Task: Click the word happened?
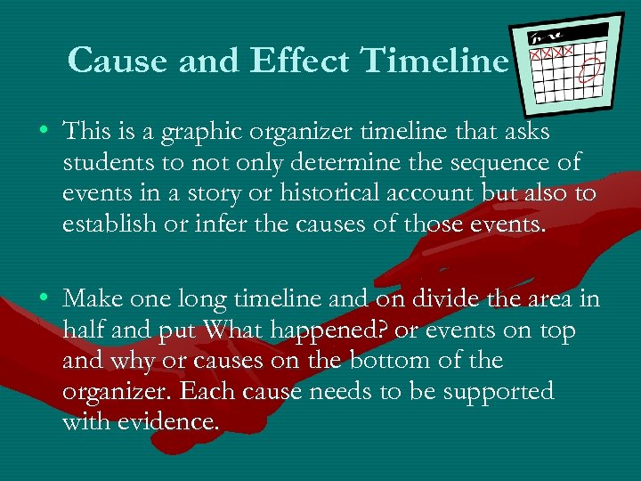[x=335, y=330]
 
